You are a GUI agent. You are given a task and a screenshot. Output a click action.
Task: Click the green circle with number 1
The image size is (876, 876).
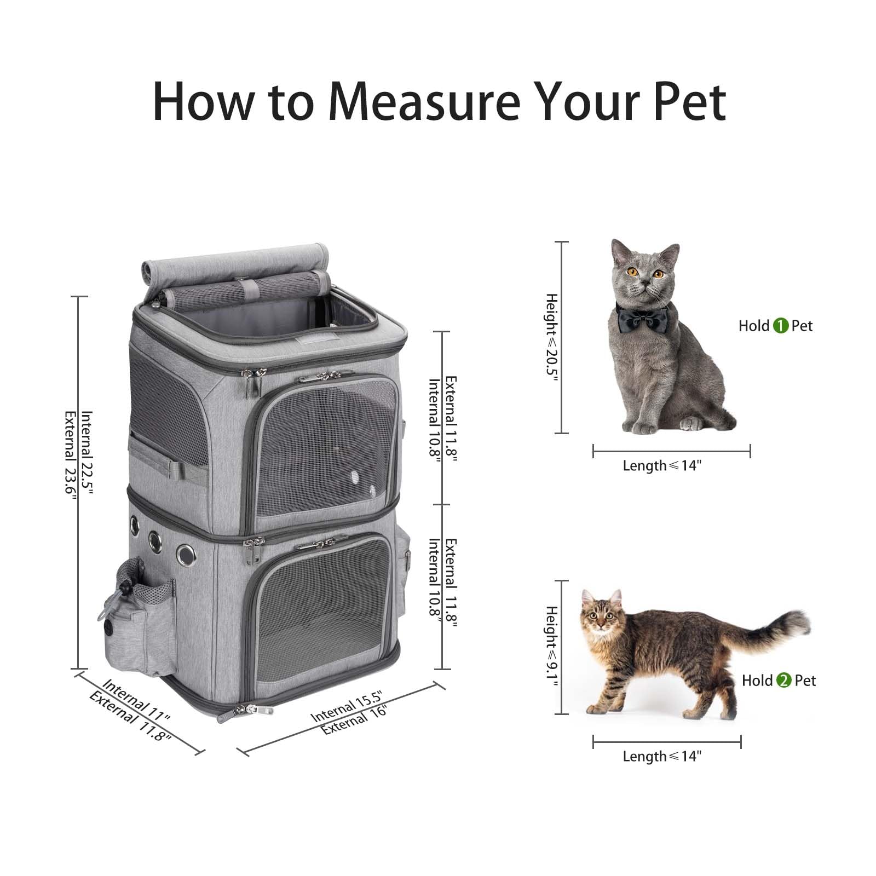click(x=780, y=326)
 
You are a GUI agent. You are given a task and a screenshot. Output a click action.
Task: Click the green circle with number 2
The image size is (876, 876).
click(x=783, y=681)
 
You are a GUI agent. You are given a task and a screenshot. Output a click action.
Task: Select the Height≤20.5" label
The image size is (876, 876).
click(x=551, y=337)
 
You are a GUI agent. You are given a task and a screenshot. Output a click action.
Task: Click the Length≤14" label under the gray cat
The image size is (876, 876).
click(x=662, y=466)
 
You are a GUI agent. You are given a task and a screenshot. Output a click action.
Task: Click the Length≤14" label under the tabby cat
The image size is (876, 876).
click(x=662, y=756)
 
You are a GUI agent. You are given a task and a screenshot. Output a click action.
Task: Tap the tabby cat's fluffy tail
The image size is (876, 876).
click(x=777, y=630)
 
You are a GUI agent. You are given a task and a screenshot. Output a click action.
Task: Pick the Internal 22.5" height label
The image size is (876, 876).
click(x=87, y=452)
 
